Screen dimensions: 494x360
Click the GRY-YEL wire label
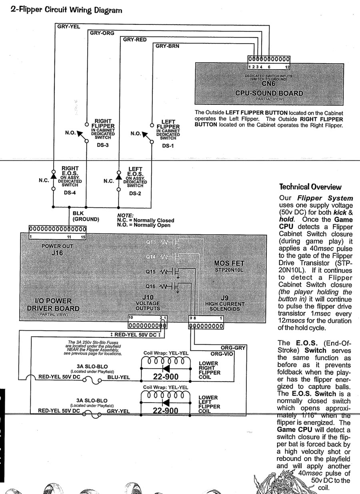(69, 27)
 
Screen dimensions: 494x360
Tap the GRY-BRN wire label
(167, 46)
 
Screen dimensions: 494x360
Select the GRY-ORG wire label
(102, 33)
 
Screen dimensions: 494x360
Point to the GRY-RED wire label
(134, 40)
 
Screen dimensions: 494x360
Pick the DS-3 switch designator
(103, 145)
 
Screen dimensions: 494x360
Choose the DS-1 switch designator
(168, 146)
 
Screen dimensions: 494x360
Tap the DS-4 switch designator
(70, 193)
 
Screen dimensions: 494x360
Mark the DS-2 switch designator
(135, 193)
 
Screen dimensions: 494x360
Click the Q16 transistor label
(151, 286)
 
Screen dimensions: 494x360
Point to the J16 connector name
(57, 253)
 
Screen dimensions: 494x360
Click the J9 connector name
(225, 297)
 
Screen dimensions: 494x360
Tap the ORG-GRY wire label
(233, 348)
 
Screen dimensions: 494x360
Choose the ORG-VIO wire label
(222, 354)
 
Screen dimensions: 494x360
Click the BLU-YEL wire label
(119, 377)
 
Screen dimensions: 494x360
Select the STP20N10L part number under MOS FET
(229, 270)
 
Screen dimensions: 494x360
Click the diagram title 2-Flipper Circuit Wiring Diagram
(66, 10)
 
